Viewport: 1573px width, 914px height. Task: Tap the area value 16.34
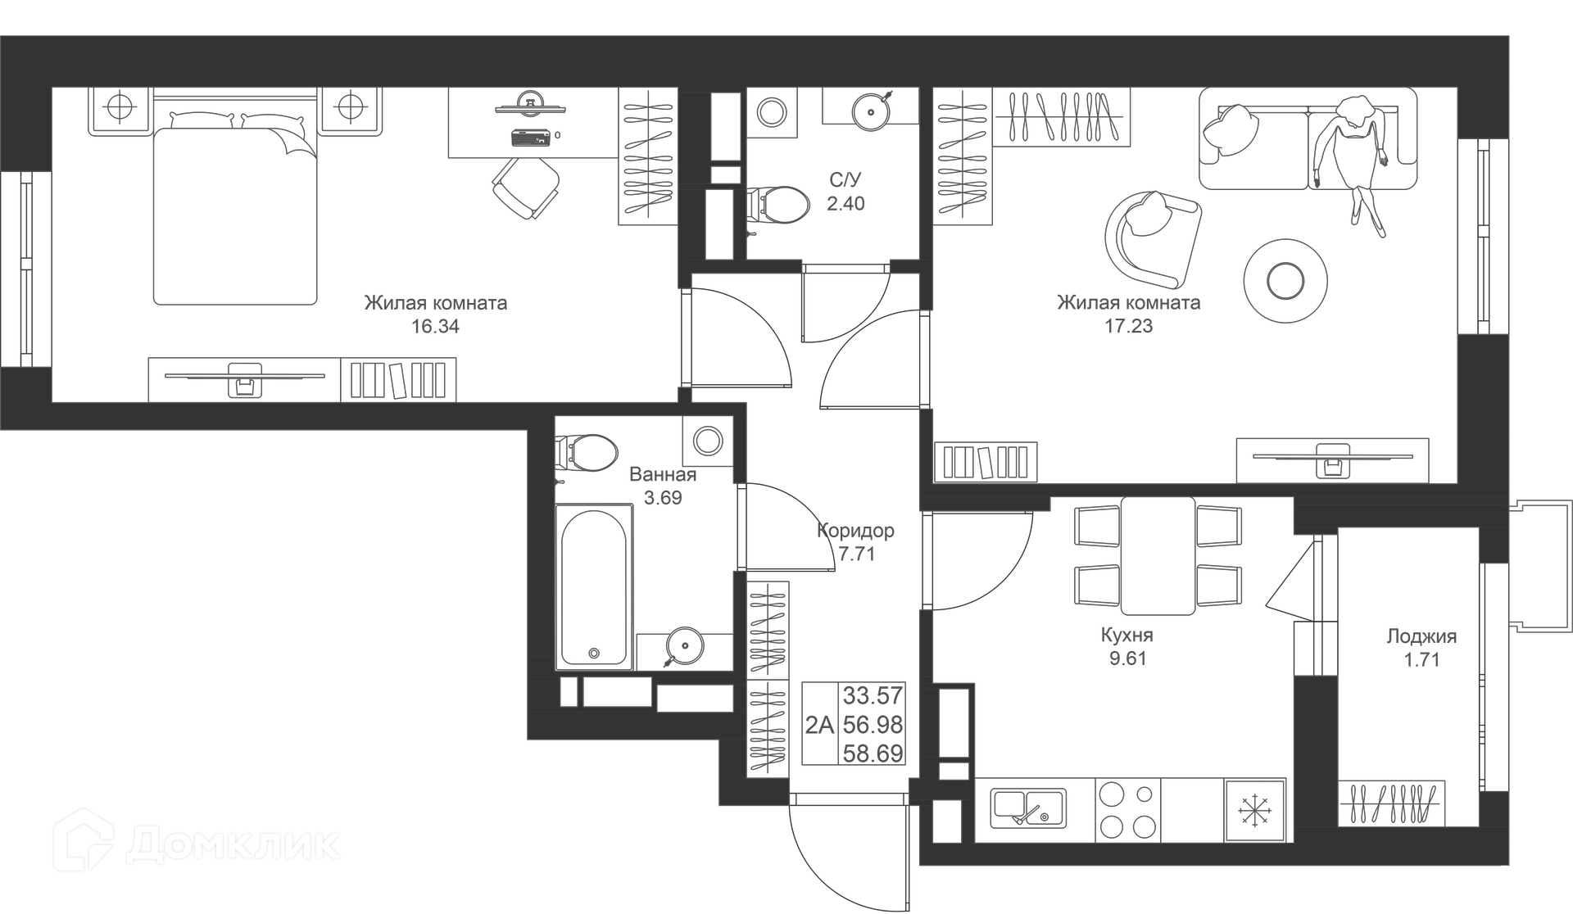click(x=435, y=327)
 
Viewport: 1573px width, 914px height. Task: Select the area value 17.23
click(x=1128, y=326)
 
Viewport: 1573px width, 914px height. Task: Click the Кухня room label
click(x=1127, y=636)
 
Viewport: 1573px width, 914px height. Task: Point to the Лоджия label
click(x=1421, y=636)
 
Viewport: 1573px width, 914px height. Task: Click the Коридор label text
click(x=855, y=531)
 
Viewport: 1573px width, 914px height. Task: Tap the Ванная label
click(x=663, y=475)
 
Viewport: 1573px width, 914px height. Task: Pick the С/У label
click(x=845, y=180)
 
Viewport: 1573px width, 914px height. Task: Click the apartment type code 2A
click(x=819, y=726)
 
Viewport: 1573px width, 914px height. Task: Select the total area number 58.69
click(x=873, y=753)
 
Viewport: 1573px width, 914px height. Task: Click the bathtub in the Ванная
click(x=594, y=586)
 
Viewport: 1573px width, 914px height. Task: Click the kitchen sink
click(x=1029, y=808)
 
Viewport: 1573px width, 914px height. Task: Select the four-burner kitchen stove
click(x=1128, y=810)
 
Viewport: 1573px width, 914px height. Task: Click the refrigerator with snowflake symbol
click(x=1253, y=810)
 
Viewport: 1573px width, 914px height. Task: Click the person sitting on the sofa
click(x=1353, y=156)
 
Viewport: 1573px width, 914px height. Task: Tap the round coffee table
click(x=1285, y=281)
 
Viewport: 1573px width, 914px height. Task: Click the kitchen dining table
click(x=1158, y=555)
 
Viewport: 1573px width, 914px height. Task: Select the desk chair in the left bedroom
click(x=527, y=187)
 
